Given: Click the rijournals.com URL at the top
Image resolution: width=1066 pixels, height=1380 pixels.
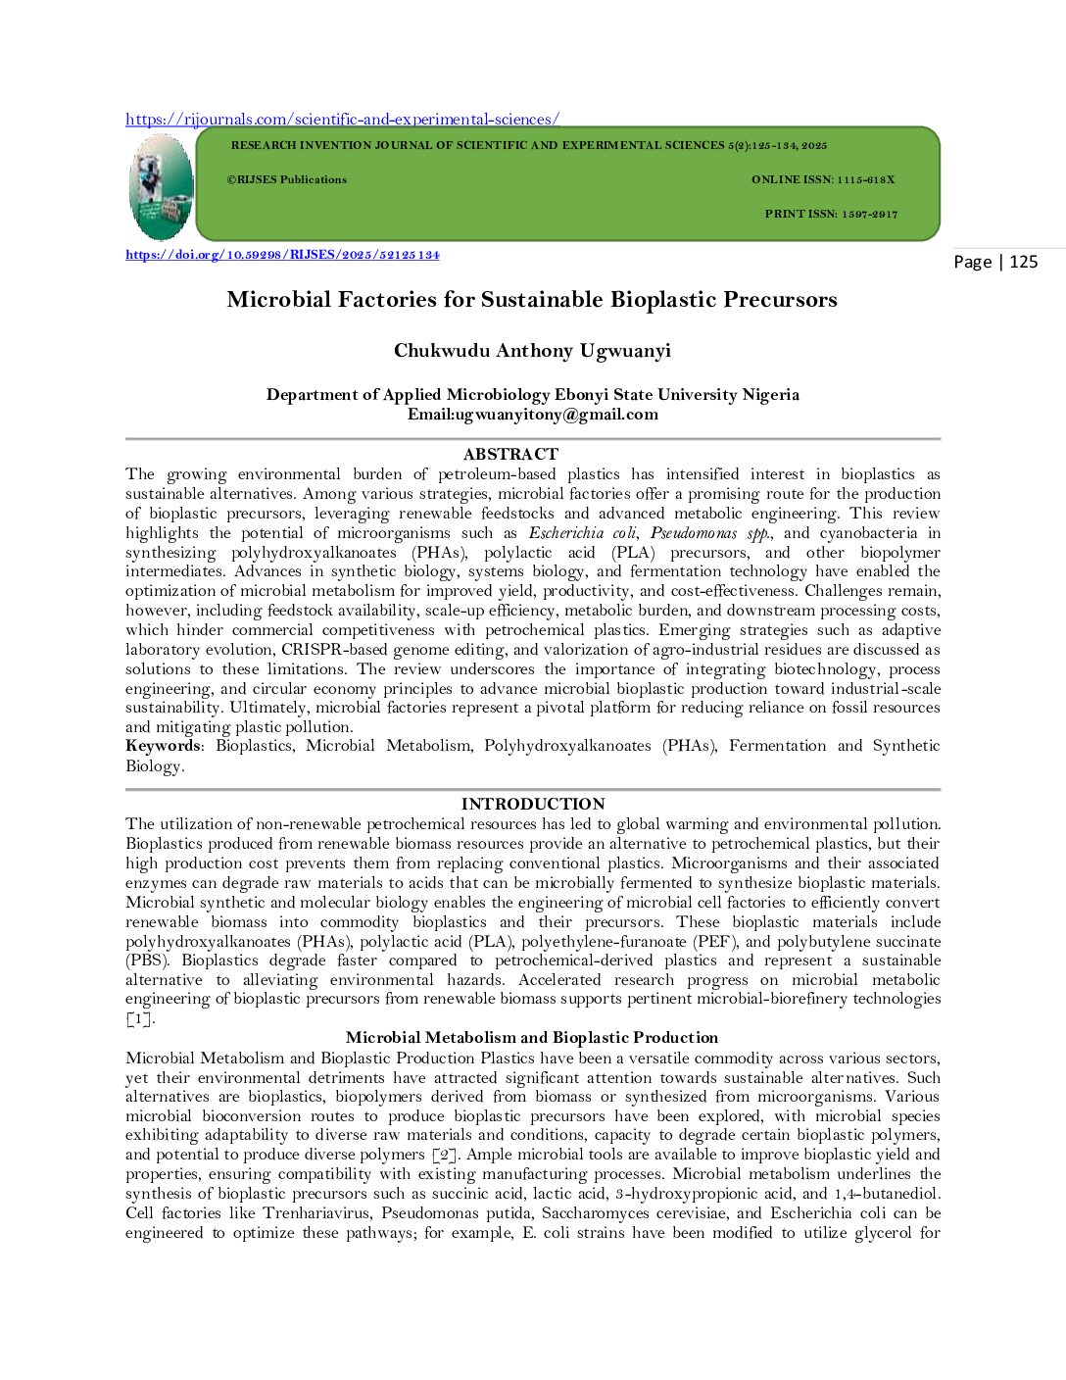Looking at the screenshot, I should click(x=342, y=120).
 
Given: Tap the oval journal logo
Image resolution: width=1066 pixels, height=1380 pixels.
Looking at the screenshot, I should click(x=161, y=187).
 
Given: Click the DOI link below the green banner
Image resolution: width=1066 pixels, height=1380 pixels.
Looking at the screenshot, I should click(x=282, y=255).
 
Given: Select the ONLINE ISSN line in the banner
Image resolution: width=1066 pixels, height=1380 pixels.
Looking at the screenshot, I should click(x=822, y=180).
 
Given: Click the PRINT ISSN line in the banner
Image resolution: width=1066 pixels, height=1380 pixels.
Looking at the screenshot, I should click(x=831, y=214).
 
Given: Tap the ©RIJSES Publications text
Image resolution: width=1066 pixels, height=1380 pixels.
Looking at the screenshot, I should click(x=287, y=180).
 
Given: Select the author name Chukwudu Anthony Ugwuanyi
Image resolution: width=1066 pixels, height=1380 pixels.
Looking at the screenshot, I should click(x=532, y=351).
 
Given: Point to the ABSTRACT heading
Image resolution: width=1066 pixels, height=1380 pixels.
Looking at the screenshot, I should click(x=510, y=454).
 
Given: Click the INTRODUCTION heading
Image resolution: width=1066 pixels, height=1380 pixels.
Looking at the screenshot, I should click(x=533, y=804).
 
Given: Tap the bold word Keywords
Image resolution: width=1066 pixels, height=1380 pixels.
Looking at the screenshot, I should click(x=163, y=746).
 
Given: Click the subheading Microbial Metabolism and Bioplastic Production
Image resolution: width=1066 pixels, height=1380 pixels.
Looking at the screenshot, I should click(x=532, y=1038).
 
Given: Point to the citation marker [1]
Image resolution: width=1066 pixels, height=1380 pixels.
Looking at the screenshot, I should click(x=140, y=1019).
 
